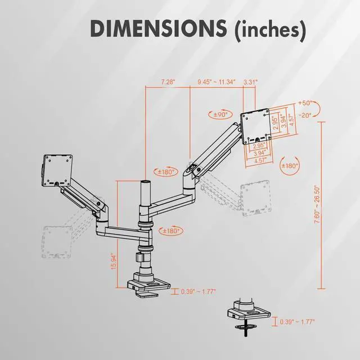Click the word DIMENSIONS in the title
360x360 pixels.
coord(158,29)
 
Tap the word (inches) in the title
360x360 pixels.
coord(270,30)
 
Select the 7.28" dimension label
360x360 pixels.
coord(168,82)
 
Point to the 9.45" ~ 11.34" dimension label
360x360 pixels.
coord(217,82)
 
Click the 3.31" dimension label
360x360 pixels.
coord(250,82)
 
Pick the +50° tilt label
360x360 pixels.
coord(304,103)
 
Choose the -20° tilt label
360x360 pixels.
coord(305,115)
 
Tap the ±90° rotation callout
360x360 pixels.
coord(220,114)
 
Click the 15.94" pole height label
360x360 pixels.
coord(114,261)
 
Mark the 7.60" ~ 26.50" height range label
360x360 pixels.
coord(318,204)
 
